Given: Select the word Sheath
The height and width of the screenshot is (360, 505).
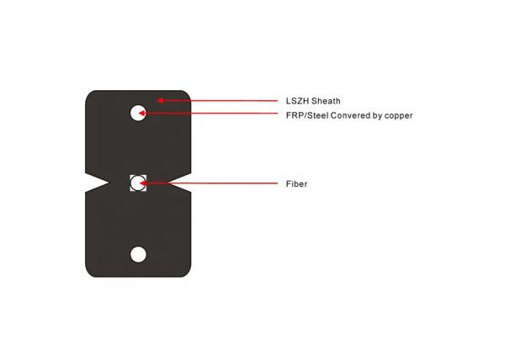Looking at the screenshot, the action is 326,101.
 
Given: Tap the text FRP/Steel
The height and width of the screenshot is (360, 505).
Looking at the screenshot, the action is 306,115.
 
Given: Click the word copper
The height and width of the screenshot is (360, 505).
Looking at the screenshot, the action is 399,116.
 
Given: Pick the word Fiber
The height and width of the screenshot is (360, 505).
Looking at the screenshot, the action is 296,183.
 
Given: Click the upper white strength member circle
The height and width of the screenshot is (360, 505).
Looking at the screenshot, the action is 138,113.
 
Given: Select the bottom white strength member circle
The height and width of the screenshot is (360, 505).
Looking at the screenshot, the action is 138,254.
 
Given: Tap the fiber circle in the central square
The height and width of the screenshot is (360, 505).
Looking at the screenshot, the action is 138,183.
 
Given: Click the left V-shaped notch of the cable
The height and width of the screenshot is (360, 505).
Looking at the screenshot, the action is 97,183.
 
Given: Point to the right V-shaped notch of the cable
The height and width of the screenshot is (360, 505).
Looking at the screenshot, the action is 179,183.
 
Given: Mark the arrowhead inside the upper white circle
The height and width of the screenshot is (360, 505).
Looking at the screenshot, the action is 142,113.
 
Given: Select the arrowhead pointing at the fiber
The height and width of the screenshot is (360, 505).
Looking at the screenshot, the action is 143,183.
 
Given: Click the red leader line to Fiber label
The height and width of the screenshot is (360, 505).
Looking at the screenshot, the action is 209,183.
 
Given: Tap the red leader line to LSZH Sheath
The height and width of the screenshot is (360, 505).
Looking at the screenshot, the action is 217,101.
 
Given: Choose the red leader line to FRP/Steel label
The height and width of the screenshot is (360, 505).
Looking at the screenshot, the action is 208,113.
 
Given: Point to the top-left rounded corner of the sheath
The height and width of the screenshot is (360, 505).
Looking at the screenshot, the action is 89,94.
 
